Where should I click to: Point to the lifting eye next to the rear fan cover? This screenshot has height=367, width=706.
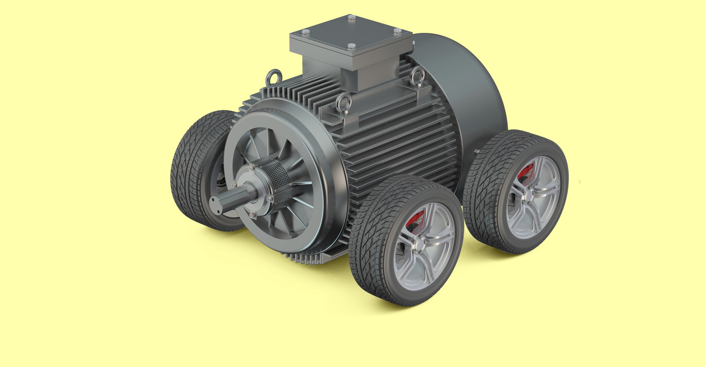tap(417, 76)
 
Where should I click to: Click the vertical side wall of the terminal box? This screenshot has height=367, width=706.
tap(328, 66)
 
